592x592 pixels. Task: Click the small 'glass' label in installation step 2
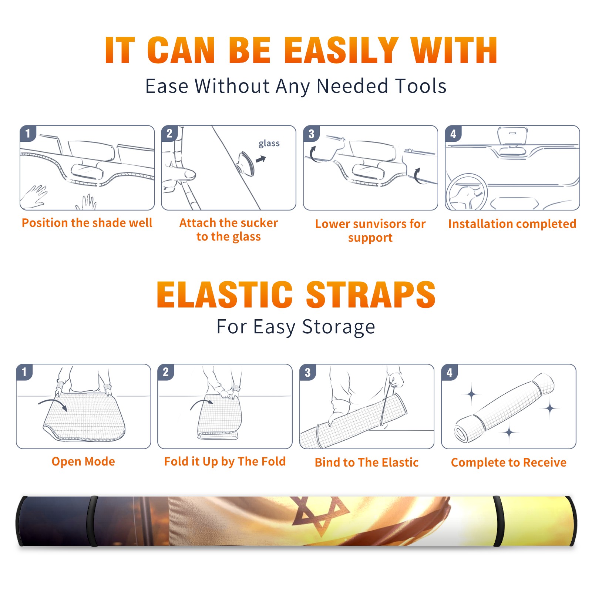[269, 144]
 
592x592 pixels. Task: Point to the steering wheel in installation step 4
[467, 192]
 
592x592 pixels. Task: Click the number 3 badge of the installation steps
[311, 134]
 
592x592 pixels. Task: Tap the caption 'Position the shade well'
[87, 223]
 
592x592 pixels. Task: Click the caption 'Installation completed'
[512, 224]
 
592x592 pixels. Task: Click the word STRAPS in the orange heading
[371, 295]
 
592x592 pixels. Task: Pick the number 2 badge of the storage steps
[166, 372]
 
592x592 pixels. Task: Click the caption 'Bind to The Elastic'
[367, 462]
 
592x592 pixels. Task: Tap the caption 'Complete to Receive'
[509, 462]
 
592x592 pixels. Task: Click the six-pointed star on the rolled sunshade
[321, 515]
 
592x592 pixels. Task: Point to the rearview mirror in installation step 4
[512, 136]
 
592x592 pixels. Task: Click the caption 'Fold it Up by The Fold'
[225, 461]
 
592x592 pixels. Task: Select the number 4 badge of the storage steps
[450, 372]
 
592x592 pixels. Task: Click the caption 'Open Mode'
[83, 461]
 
